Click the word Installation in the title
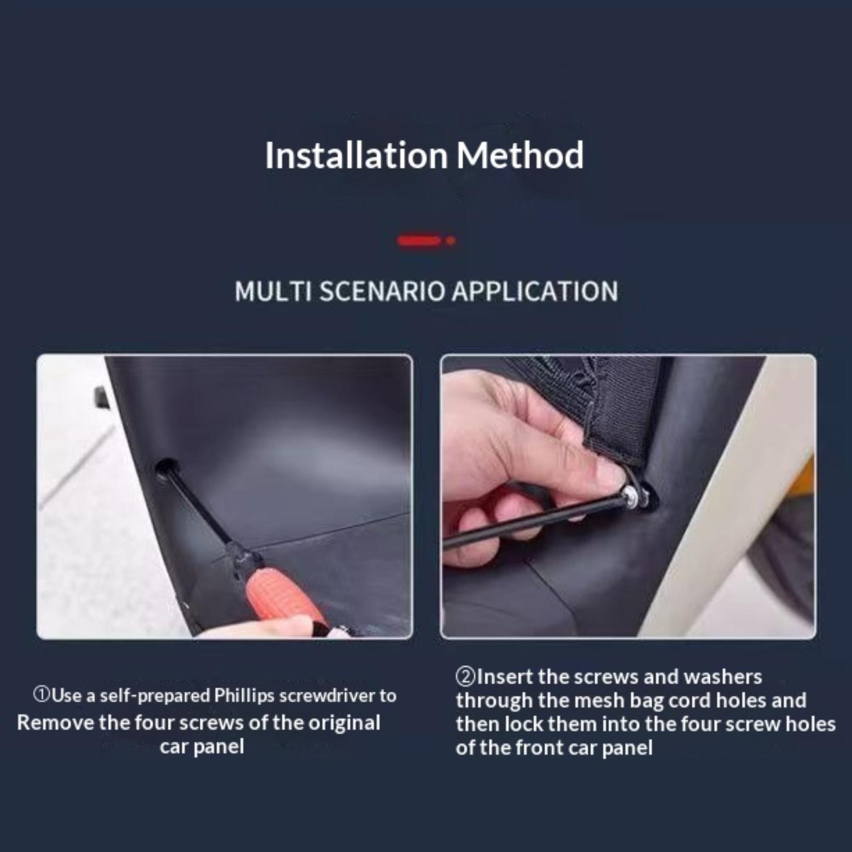[x=356, y=155]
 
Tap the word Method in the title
[x=520, y=155]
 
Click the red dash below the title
[x=419, y=241]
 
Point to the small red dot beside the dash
[x=450, y=241]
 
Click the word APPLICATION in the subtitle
[x=535, y=292]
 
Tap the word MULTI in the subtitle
[x=273, y=292]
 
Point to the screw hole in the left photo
[x=166, y=468]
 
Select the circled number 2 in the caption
[x=465, y=677]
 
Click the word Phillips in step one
[x=244, y=696]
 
